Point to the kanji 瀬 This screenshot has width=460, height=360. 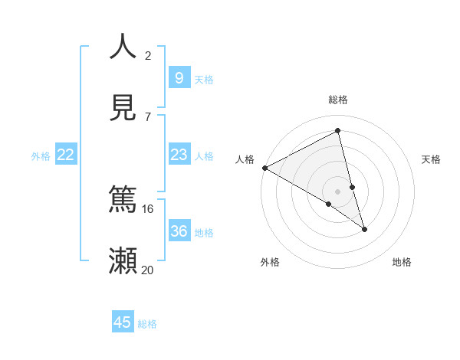[x=123, y=260]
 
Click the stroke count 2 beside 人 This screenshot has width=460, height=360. [x=148, y=55]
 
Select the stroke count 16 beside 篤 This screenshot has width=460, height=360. [x=147, y=208]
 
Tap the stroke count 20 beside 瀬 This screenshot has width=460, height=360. [x=147, y=270]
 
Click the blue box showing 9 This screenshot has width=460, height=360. [x=179, y=77]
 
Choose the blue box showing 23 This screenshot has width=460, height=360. [x=179, y=155]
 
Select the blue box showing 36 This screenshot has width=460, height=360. [x=179, y=231]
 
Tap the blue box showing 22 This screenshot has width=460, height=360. [x=66, y=155]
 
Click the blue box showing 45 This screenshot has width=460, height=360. [x=123, y=322]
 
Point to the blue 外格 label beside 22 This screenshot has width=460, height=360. [x=41, y=156]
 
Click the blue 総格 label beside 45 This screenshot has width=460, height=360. [x=147, y=324]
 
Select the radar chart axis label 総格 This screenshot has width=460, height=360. [x=338, y=100]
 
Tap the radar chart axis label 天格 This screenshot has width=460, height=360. [x=432, y=159]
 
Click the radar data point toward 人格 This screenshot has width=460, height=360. [x=264, y=168]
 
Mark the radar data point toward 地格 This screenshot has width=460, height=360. [x=364, y=229]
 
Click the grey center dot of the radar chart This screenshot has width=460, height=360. [x=338, y=191]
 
